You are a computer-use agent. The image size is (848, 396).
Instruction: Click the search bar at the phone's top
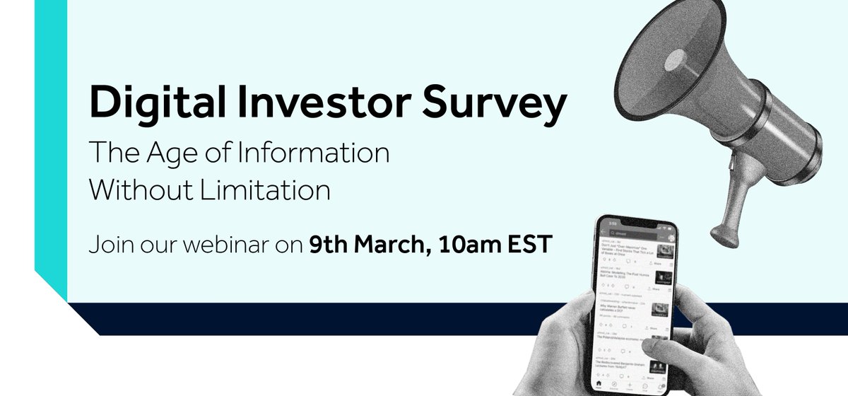[x=632, y=235]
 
